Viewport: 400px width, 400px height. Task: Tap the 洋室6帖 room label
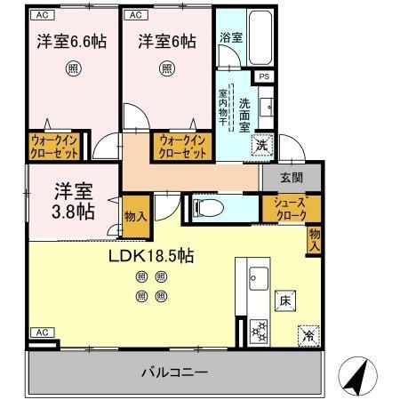167,43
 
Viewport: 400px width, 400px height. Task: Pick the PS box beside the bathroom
263,76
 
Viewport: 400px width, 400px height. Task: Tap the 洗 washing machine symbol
260,144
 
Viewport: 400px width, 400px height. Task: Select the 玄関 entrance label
292,177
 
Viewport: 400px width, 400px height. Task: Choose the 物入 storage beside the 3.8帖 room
134,217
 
